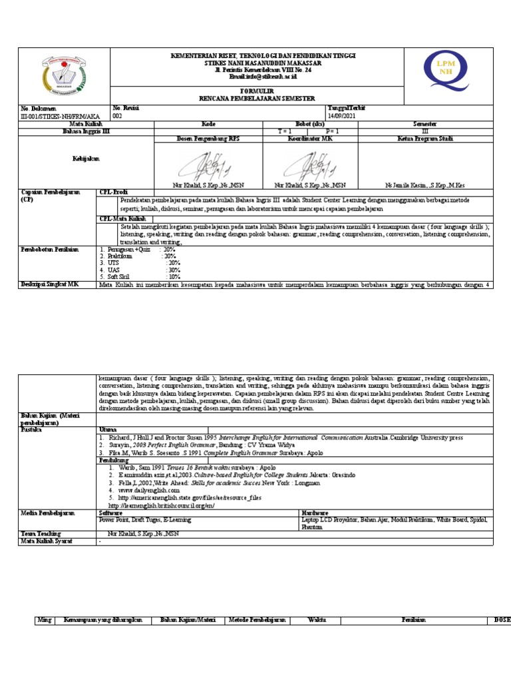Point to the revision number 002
click(x=117, y=115)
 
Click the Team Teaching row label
click(x=41, y=534)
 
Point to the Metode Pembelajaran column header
click(x=257, y=620)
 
